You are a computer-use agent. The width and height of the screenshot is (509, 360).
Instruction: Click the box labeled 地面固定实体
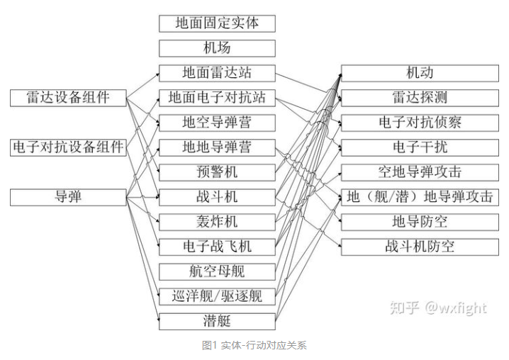click(217, 23)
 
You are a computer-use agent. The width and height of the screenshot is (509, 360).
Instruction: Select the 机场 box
click(217, 48)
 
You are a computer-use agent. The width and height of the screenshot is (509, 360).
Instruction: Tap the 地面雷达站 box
click(217, 73)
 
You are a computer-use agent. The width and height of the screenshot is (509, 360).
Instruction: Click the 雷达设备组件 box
click(68, 98)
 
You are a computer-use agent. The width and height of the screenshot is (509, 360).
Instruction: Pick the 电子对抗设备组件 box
click(68, 147)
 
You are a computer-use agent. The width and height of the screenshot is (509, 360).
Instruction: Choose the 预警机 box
click(217, 172)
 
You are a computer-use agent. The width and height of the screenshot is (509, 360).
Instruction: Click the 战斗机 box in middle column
click(217, 197)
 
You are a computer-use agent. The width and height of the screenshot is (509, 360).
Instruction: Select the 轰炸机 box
click(217, 222)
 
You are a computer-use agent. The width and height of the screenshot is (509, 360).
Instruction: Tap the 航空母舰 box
click(217, 271)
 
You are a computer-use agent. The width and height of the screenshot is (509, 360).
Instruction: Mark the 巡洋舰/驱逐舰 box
click(217, 296)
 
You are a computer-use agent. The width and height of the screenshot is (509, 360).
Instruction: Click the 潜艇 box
click(217, 321)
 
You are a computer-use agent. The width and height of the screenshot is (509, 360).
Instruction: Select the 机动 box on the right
click(420, 73)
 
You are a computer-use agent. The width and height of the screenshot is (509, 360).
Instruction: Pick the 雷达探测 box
click(420, 98)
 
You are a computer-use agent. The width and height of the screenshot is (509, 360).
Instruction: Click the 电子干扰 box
click(420, 147)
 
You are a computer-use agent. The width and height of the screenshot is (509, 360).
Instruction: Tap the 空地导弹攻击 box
click(420, 172)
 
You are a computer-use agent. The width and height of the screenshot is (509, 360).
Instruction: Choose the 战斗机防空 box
click(420, 247)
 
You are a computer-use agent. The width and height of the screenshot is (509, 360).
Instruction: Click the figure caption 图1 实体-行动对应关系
click(254, 346)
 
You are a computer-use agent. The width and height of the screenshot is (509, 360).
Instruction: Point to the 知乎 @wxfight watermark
click(439, 308)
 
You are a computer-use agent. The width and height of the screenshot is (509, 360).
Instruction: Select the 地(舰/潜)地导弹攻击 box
click(420, 197)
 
